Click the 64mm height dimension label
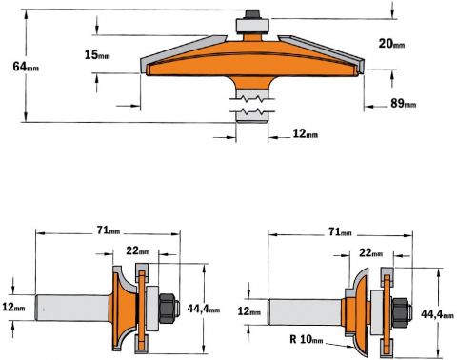point(26,67)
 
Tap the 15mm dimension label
point(97,54)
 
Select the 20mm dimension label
point(391,43)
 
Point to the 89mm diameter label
point(403,103)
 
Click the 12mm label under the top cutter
point(305,133)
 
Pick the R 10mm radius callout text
point(307,339)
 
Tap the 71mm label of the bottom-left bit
point(109,230)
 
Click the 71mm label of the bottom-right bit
point(340,232)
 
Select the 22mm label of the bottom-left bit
point(138,250)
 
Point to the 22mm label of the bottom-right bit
point(370,252)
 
